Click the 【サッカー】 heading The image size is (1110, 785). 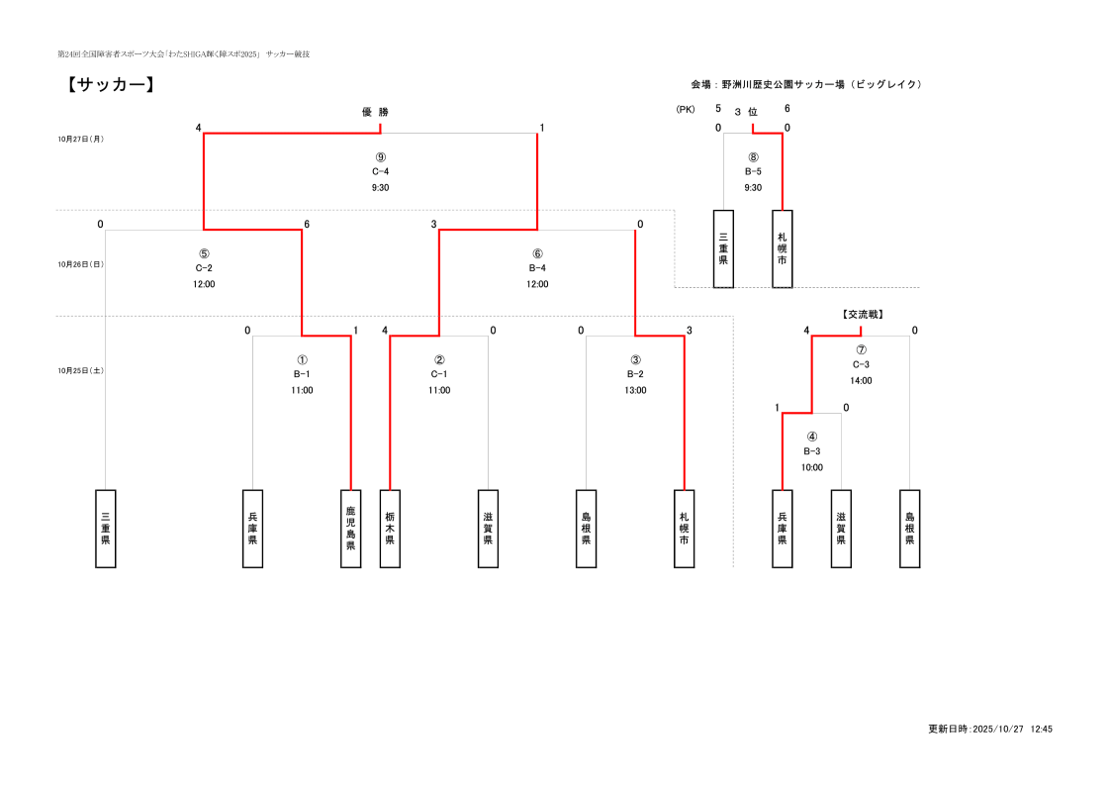(110, 86)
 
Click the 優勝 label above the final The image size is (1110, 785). (375, 112)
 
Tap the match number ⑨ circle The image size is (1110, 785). (380, 157)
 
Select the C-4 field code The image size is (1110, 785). (380, 171)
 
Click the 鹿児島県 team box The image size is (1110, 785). (350, 529)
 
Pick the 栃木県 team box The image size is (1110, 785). (390, 529)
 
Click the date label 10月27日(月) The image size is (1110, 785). (80, 140)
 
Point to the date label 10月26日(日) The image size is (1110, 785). (80, 264)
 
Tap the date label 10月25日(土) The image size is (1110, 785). (80, 370)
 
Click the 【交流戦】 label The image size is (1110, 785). (861, 314)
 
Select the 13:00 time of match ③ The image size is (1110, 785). (635, 390)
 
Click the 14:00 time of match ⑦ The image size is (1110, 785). (861, 380)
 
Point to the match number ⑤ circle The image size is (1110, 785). (204, 253)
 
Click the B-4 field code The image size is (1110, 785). (537, 267)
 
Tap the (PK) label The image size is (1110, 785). (686, 110)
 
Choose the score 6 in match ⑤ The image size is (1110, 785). (307, 225)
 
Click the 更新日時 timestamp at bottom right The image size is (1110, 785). (989, 729)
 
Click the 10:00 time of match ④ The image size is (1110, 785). (812, 467)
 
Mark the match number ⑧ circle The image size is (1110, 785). (753, 157)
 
